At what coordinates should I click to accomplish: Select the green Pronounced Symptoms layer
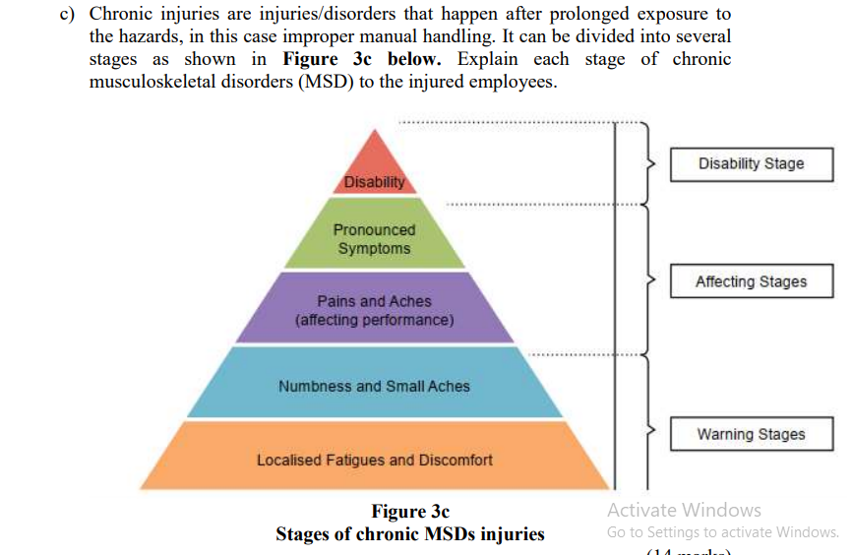tap(374, 238)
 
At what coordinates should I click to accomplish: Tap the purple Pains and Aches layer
tap(374, 310)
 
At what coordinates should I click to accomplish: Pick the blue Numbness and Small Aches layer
tap(374, 386)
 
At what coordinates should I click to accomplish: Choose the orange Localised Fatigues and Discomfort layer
tap(374, 460)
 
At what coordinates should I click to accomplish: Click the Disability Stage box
tap(751, 164)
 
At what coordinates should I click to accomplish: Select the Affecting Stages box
tap(751, 281)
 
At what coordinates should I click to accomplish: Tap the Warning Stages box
tap(751, 434)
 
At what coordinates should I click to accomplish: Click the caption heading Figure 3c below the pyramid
tap(409, 512)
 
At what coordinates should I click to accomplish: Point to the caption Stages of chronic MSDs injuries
tap(409, 534)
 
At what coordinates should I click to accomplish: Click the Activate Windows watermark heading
tap(684, 510)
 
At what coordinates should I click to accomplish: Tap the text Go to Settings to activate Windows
tap(722, 532)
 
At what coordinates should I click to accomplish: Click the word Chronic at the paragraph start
tap(123, 16)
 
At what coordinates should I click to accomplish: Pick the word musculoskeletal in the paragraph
tap(152, 81)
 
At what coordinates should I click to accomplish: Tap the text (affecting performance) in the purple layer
tap(374, 320)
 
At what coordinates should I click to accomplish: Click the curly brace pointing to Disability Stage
tap(646, 164)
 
